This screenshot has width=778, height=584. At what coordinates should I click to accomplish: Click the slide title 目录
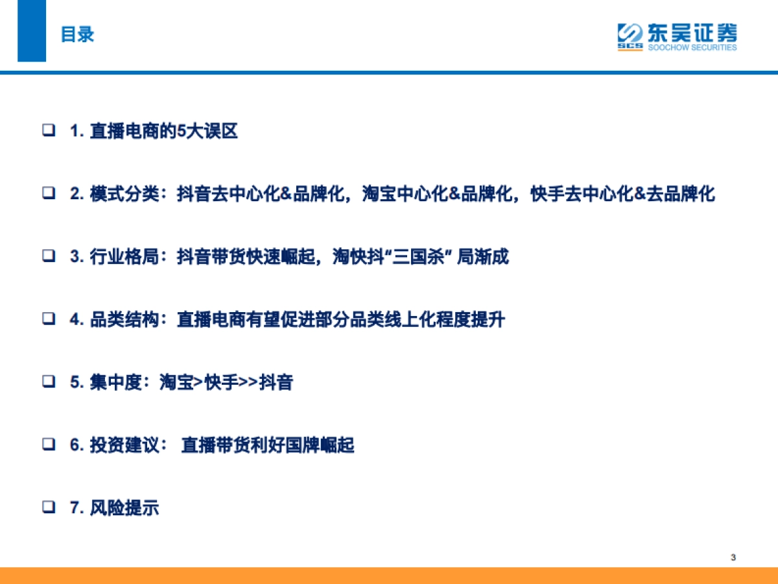pos(77,34)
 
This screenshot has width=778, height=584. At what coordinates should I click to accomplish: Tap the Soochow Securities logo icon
pos(630,36)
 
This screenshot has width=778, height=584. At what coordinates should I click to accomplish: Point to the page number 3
pos(733,557)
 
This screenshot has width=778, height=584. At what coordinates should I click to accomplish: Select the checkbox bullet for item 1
pos(49,131)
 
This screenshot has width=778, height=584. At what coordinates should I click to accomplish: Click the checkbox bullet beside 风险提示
pos(49,507)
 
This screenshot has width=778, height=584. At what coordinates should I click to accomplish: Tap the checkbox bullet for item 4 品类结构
pos(49,319)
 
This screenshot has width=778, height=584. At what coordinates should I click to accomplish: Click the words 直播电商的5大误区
pos(164,132)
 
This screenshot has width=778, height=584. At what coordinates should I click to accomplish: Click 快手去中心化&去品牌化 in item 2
pos(622,194)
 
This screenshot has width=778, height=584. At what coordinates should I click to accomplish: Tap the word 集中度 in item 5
pos(115,382)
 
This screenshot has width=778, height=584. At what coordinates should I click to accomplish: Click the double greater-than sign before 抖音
pos(248,382)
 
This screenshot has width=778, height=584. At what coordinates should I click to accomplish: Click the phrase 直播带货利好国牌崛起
pos(268,445)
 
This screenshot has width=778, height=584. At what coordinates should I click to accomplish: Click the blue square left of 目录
pos(32,30)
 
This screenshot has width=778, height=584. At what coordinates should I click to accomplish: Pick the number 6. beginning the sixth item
pos(77,445)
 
